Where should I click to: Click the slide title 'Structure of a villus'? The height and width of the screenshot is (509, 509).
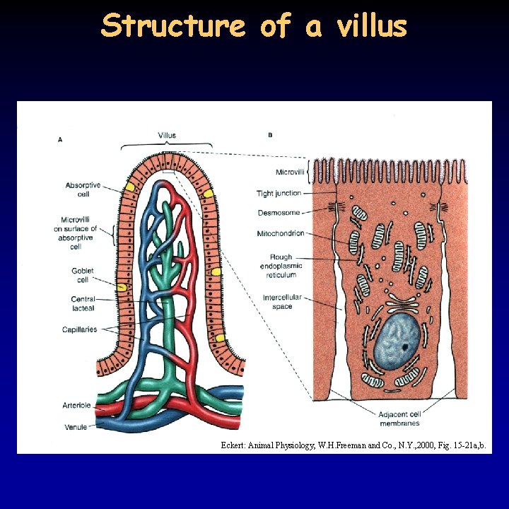(255, 25)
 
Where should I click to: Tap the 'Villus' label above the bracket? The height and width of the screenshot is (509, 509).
(167, 135)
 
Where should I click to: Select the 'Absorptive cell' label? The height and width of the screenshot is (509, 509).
(83, 189)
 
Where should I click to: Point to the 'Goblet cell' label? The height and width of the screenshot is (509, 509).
(83, 275)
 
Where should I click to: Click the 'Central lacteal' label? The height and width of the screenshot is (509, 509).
(83, 304)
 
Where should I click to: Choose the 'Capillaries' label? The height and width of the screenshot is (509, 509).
(79, 329)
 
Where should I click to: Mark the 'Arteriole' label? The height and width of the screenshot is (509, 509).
(76, 406)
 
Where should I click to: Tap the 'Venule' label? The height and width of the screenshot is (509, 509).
(76, 426)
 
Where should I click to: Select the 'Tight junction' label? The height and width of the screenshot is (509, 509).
(279, 193)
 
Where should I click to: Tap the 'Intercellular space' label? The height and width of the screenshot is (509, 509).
(282, 302)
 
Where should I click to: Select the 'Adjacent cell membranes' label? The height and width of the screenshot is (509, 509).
(399, 419)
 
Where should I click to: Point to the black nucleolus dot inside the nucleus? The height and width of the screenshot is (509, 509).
(405, 347)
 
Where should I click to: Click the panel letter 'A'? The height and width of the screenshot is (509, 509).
(60, 140)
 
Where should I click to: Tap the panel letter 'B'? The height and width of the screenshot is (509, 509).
(271, 135)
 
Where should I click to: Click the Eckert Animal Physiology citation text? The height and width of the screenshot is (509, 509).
(351, 445)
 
